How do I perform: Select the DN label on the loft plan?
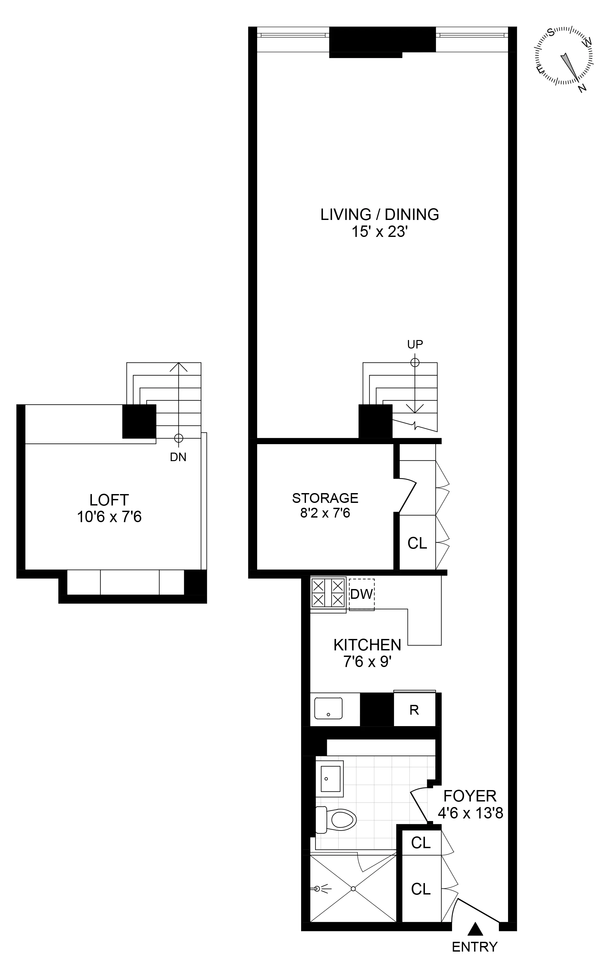pos(178,457)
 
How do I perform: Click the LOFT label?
pos(109,500)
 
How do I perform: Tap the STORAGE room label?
pos(325,498)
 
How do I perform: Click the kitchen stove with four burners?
pos(328,593)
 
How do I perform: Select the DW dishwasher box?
pos(362,594)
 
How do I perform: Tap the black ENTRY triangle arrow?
pos(475,927)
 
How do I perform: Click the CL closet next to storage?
pos(417,543)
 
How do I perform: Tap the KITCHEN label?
pos(367,645)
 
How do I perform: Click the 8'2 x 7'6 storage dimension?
pos(325,513)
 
